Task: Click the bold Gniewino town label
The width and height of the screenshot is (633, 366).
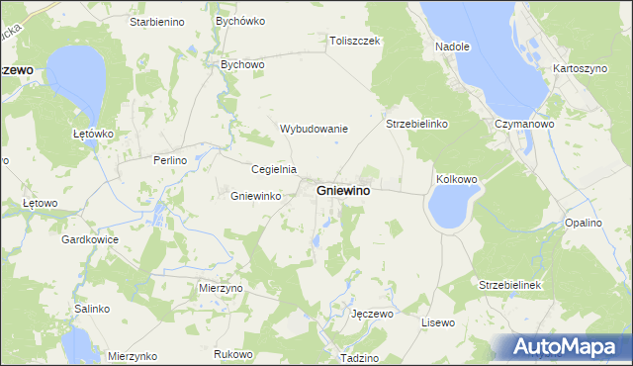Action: click(x=344, y=190)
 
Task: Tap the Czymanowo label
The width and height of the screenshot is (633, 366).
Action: click(x=523, y=125)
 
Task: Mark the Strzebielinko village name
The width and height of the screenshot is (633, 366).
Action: click(x=417, y=125)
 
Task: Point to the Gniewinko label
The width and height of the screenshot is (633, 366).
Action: click(x=256, y=196)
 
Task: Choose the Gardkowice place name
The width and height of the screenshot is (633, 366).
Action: click(x=90, y=240)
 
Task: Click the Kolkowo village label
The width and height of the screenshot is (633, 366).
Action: click(x=456, y=179)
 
